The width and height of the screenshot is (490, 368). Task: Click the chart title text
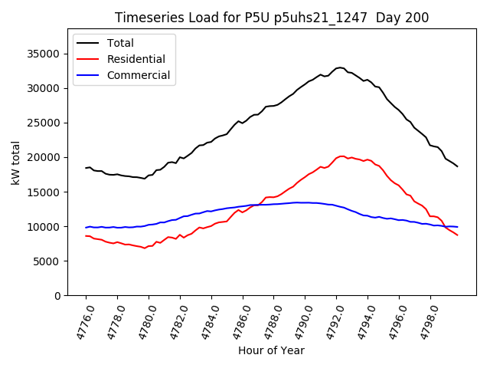pos(272,18)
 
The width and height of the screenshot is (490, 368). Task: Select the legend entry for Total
pos(120,43)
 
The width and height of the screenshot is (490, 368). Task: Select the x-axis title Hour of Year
pos(271,350)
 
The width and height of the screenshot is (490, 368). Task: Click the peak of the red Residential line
pos(341,156)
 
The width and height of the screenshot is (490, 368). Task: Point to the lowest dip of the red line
pos(144,248)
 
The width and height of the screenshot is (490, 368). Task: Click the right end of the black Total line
pos(458,166)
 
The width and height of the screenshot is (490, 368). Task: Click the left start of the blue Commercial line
pos(86,228)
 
